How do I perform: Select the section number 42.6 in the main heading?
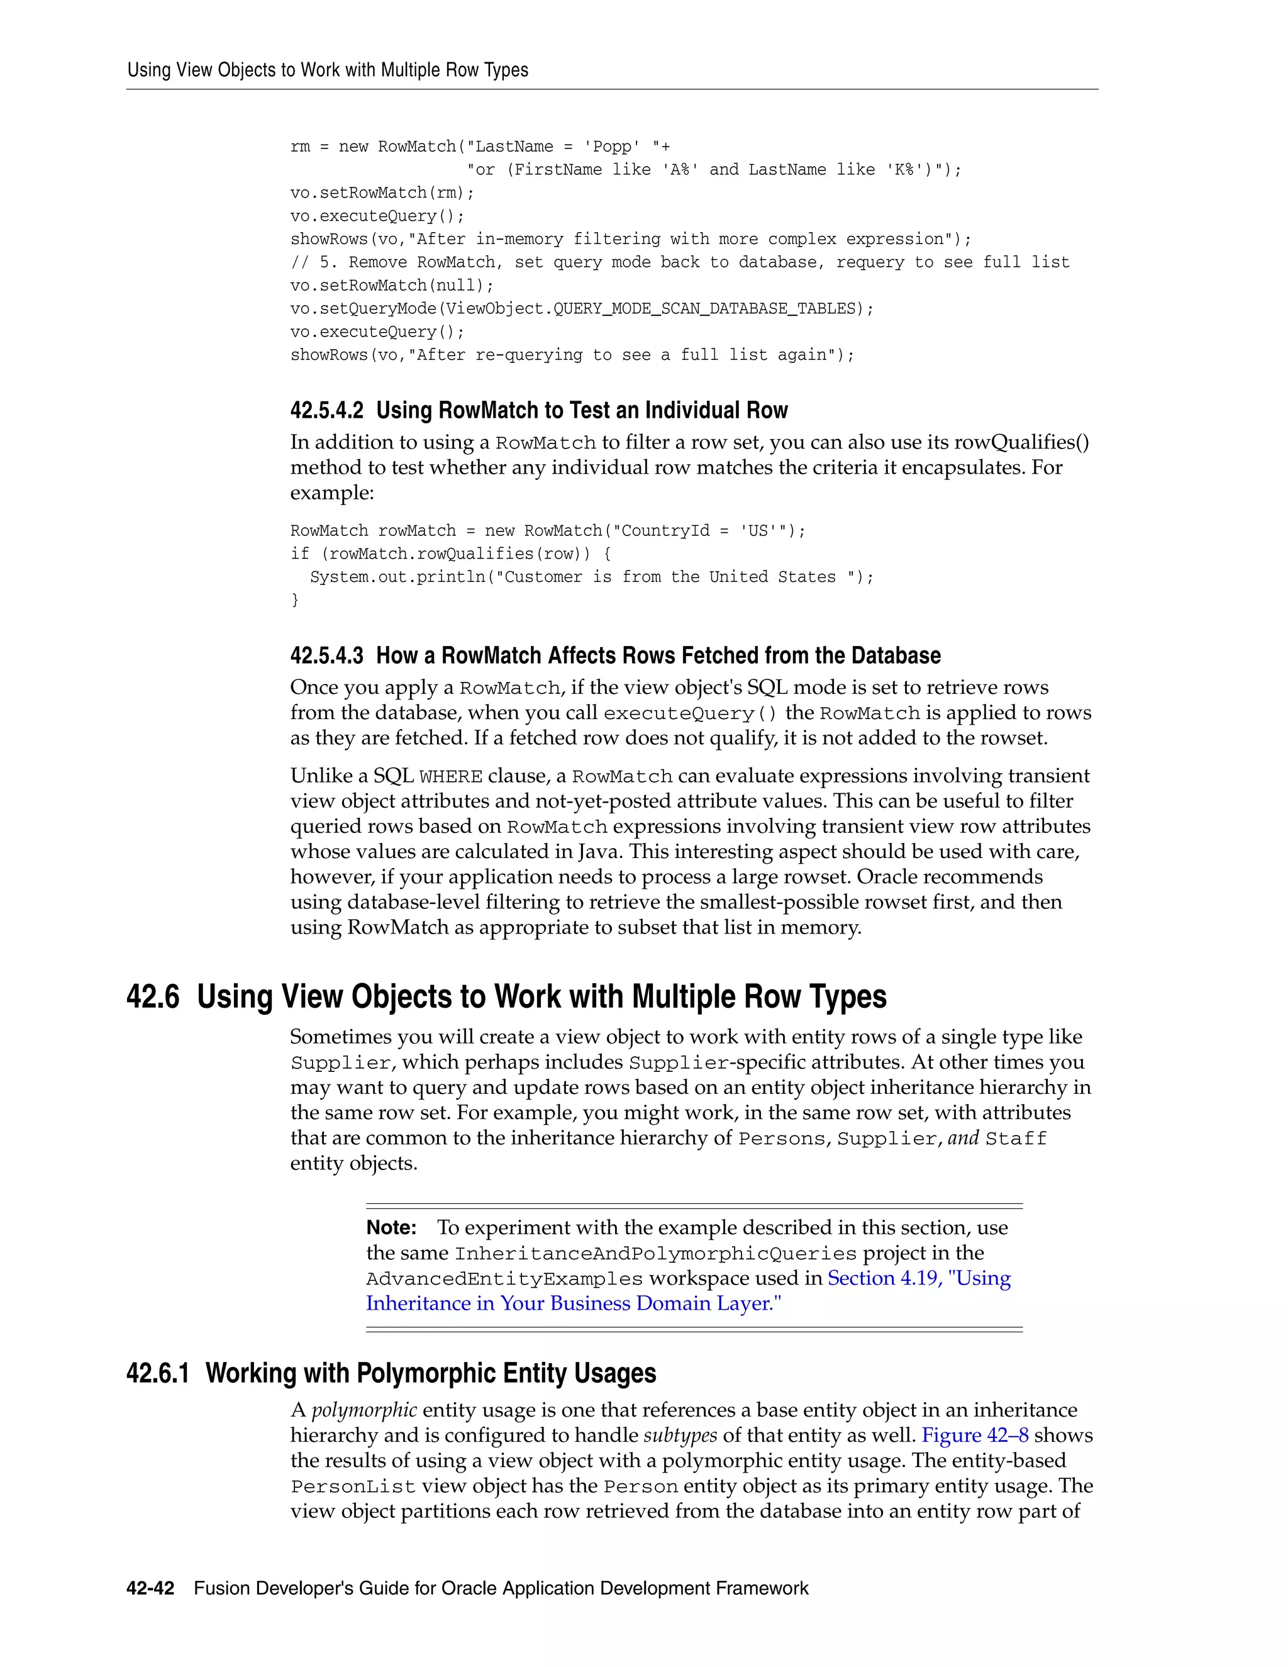(x=153, y=997)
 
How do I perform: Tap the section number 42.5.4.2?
(x=326, y=411)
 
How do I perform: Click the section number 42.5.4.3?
(x=326, y=655)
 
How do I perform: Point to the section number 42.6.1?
(x=157, y=1373)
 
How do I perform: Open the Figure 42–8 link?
(x=974, y=1435)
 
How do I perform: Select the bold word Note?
(x=391, y=1227)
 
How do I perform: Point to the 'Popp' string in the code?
(x=613, y=147)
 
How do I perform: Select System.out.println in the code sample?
(x=397, y=577)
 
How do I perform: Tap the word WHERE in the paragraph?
(x=450, y=777)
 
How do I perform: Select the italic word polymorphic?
(x=364, y=1410)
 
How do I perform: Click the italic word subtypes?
(x=680, y=1435)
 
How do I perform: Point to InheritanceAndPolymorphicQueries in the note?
(x=655, y=1253)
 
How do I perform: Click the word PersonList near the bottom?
(x=353, y=1486)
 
